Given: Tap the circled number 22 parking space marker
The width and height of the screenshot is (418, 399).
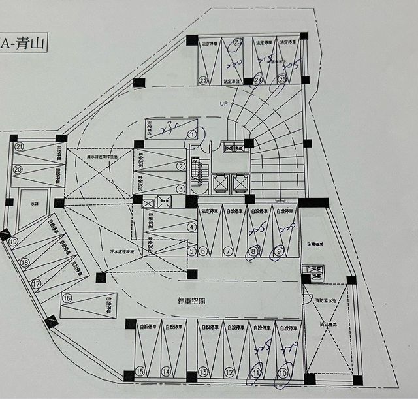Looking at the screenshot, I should point(203,81).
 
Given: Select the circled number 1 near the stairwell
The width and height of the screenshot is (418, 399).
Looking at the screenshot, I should point(192,135).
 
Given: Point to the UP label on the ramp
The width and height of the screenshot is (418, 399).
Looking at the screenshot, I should point(223,103).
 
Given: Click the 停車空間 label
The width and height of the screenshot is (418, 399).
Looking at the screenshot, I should point(193,301).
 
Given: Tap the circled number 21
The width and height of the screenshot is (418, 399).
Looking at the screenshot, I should point(20,146).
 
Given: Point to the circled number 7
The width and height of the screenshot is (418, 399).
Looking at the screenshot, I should point(228,251).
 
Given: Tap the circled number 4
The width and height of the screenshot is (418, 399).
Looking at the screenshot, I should point(191,227).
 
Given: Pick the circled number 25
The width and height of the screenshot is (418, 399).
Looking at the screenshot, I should point(282,80).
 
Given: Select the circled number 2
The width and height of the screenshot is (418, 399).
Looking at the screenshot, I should point(180,166).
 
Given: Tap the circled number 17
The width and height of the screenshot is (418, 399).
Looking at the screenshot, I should point(37,284).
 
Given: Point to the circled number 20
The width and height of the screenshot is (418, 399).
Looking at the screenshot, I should point(18,169).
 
